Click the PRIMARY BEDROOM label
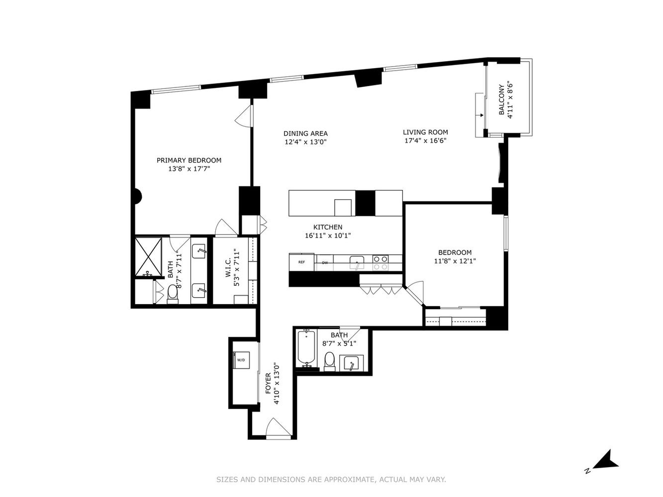[189, 160]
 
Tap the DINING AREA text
[305, 133]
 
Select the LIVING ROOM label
[425, 132]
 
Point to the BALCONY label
[502, 99]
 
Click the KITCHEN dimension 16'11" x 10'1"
[328, 236]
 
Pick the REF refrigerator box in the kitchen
[301, 262]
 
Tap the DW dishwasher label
[325, 262]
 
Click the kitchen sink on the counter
[356, 261]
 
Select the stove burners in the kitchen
[380, 262]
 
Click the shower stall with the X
[149, 257]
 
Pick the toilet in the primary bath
[173, 293]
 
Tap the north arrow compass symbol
[606, 460]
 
